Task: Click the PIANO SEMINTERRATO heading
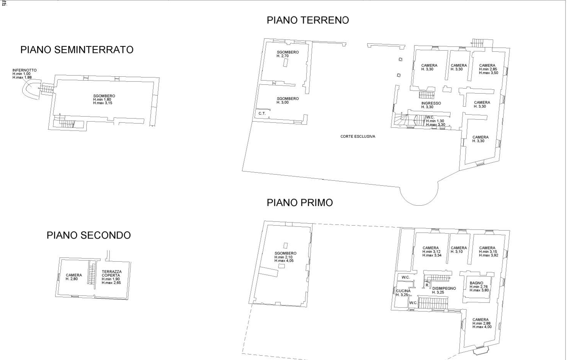(77, 50)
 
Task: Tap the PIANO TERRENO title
(308, 20)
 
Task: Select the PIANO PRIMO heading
(300, 203)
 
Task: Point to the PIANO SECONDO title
(89, 235)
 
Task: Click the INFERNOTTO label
(25, 70)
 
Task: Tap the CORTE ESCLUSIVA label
(358, 136)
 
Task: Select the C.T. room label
(262, 114)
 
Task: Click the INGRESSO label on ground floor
(431, 103)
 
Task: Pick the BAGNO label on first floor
(476, 283)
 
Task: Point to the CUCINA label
(403, 291)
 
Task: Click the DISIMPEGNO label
(444, 288)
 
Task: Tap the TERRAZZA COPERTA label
(112, 274)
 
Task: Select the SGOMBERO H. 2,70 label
(288, 54)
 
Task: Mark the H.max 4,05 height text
(284, 261)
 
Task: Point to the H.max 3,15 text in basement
(102, 103)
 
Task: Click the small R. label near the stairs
(427, 285)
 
